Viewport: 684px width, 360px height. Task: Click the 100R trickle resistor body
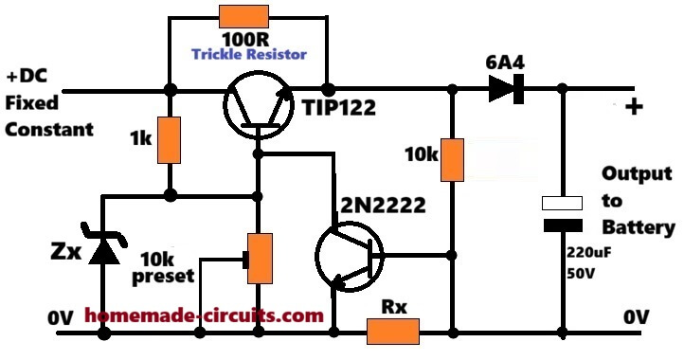[x=243, y=17]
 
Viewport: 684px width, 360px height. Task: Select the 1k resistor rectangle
[x=170, y=140]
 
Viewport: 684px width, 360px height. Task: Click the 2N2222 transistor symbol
[x=349, y=256]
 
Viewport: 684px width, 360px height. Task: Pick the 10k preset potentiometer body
[x=260, y=259]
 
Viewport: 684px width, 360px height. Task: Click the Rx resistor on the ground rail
[x=393, y=332]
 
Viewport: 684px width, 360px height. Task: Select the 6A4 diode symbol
[x=506, y=89]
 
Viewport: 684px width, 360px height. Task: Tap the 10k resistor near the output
[x=452, y=160]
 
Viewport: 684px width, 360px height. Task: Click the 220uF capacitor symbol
[x=563, y=214]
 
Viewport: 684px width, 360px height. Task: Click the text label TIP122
[x=339, y=107]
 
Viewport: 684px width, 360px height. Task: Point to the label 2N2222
[x=383, y=205]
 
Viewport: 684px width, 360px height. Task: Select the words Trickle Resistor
[x=249, y=54]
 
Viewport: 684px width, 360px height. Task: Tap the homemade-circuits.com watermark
[x=204, y=315]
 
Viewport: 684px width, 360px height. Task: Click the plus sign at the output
[x=634, y=106]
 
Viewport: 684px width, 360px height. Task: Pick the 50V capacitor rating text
[x=581, y=273]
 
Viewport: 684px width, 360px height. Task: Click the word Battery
[x=639, y=228]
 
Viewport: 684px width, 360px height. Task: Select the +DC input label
[x=26, y=77]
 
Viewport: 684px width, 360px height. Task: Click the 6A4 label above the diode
[x=505, y=63]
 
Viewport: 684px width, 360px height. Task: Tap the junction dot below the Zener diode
[x=104, y=333]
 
